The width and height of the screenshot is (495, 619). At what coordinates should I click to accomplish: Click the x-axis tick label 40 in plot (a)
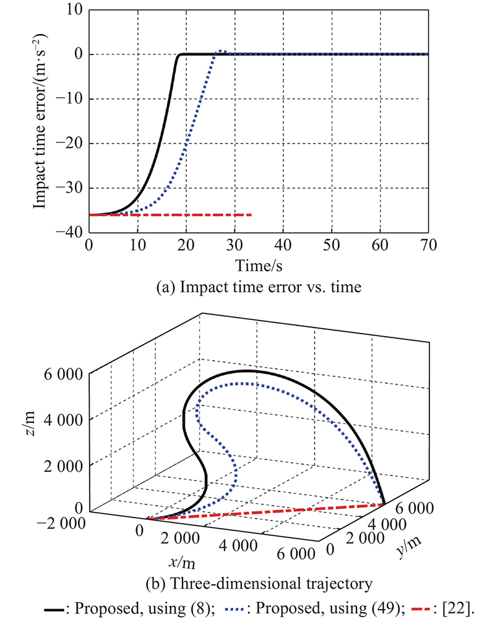click(283, 245)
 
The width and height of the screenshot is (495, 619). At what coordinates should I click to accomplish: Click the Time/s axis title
click(258, 265)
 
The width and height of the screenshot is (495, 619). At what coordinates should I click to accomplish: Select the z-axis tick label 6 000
click(66, 374)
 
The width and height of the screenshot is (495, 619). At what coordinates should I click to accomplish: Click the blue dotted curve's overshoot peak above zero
click(223, 51)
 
